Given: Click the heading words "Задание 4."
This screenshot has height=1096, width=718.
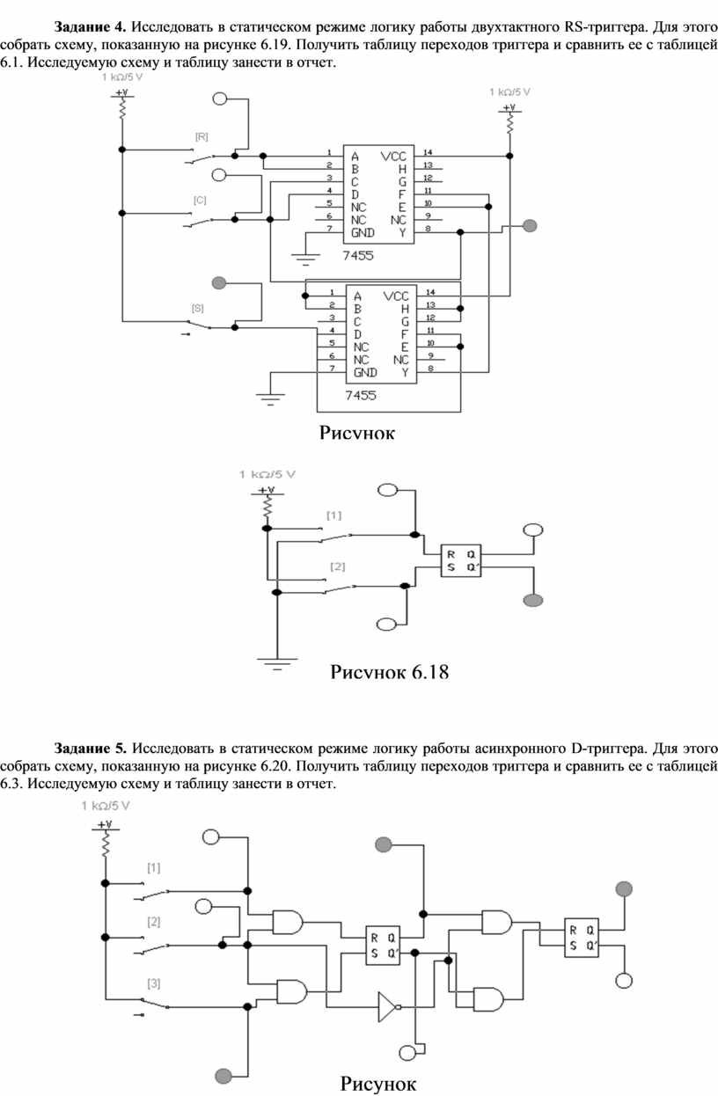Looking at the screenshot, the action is click(91, 26).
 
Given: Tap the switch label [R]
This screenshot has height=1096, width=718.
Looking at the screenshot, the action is click(201, 137).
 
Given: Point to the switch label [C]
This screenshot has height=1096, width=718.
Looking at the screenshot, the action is click(200, 201).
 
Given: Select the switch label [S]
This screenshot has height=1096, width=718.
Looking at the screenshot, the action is click(197, 308).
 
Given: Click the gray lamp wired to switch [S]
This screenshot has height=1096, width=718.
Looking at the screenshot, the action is click(219, 283).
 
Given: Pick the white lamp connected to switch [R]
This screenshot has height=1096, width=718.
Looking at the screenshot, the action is click(220, 99).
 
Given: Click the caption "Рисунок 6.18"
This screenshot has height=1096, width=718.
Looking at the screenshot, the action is click(389, 672).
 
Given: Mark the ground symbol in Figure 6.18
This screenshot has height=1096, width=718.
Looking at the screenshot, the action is click(277, 663).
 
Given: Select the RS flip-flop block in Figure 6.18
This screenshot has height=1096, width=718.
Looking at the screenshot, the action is click(460, 560).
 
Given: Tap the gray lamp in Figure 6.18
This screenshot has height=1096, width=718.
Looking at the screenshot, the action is click(533, 600).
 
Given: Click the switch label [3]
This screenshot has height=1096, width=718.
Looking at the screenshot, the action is click(154, 983).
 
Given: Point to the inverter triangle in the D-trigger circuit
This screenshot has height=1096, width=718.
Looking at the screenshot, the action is click(387, 1007).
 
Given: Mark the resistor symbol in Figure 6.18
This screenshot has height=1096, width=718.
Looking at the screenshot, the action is click(267, 507).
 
